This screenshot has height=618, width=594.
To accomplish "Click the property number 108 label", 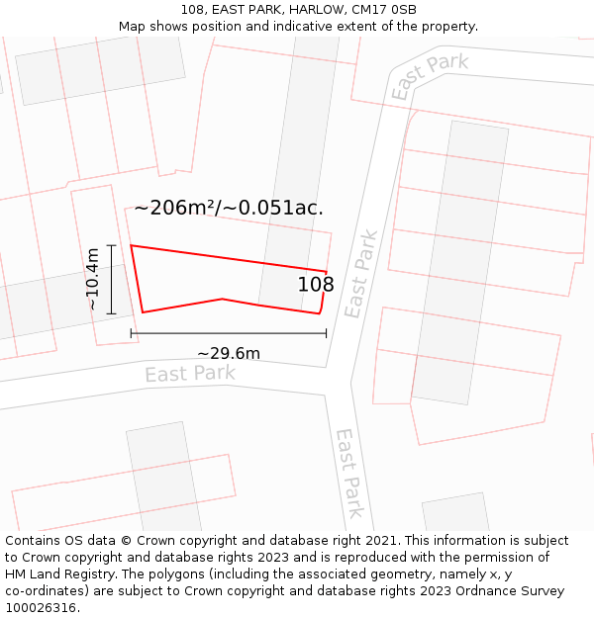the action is tap(316, 285).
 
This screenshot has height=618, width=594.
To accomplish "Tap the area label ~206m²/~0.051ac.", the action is tap(229, 208).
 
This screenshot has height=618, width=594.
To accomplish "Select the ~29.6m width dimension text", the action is tap(229, 353).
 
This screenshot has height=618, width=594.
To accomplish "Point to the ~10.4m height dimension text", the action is tap(92, 280).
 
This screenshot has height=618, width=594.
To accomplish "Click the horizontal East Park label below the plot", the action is tap(190, 374).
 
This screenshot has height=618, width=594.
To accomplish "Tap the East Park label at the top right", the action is tap(429, 76).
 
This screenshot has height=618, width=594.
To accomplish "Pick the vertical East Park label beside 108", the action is tap(361, 274).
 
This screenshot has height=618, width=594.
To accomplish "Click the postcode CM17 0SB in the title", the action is tap(383, 10).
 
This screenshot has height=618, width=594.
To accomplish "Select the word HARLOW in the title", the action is tap(317, 10).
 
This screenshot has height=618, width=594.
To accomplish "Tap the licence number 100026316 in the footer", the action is tap(43, 608).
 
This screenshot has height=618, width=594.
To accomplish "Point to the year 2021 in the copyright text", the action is tap(380, 541).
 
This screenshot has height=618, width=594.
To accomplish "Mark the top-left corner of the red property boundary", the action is tap(131, 245).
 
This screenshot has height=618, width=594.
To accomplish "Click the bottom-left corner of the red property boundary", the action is tap(143, 312).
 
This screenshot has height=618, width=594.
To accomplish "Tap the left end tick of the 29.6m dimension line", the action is tap(132, 333).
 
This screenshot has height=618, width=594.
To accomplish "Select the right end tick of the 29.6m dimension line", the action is tap(326, 333).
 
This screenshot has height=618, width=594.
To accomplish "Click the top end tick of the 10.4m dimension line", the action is tap(111, 245).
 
